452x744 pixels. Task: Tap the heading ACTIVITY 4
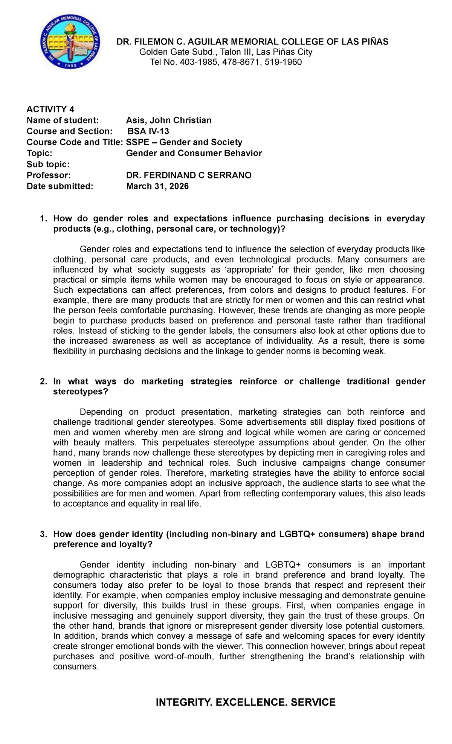[x=50, y=110]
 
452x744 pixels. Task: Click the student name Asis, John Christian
[x=169, y=120]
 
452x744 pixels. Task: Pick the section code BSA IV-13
[x=148, y=131]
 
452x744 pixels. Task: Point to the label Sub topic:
[x=48, y=164]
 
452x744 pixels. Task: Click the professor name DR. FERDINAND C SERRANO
[x=189, y=175]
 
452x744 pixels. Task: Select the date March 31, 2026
[x=157, y=186]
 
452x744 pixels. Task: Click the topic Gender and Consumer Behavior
[x=194, y=153]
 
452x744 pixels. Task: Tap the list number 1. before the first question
[x=44, y=219]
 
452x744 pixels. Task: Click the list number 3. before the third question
[x=44, y=534]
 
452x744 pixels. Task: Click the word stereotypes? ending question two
[x=81, y=392]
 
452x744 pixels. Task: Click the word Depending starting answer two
[x=101, y=412]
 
